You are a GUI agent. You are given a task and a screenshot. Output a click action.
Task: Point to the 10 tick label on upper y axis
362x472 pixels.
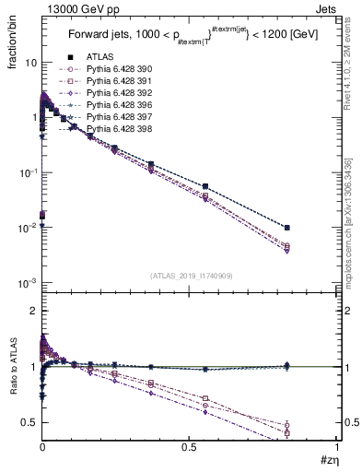[29, 63]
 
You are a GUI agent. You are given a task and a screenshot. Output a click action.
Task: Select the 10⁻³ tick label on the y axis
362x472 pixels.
[28, 282]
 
